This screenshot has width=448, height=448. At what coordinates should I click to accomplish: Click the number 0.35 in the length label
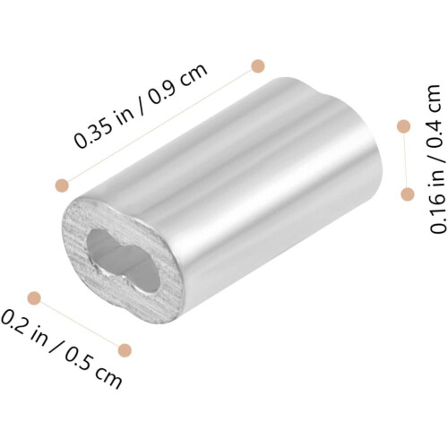coord(94,132)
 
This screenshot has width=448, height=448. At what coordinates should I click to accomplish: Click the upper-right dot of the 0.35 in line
coord(258,66)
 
